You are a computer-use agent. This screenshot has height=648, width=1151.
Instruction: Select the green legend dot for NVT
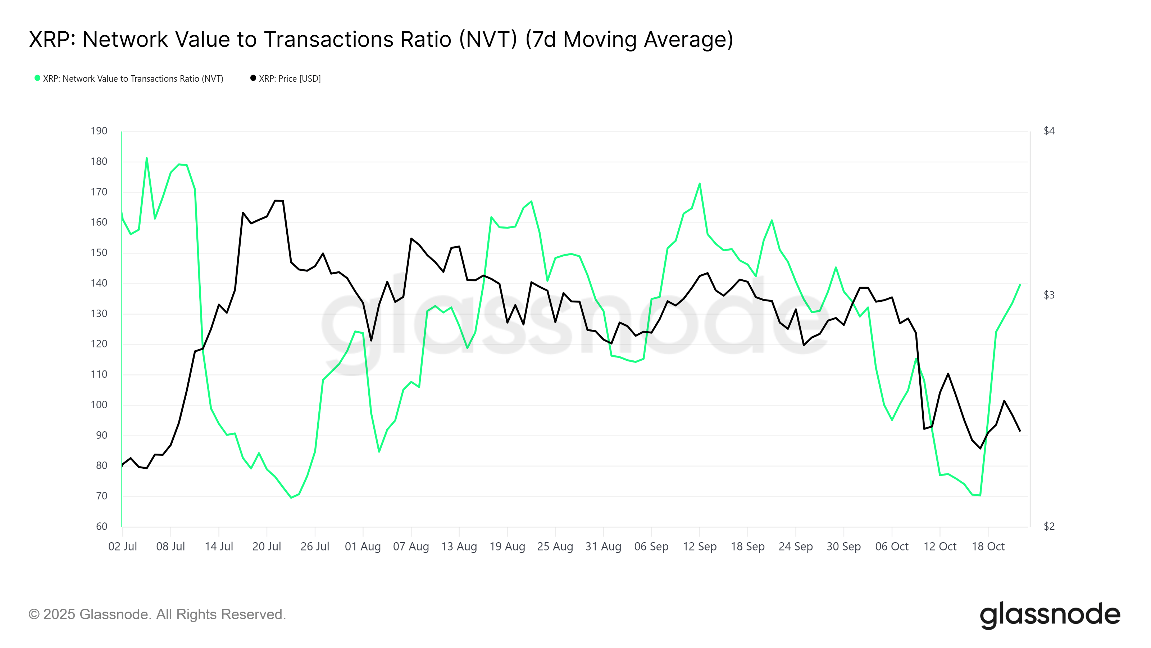pyautogui.click(x=37, y=78)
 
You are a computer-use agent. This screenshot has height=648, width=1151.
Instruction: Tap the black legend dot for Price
pyautogui.click(x=253, y=78)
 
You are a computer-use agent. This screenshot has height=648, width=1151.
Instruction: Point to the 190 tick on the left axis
pyautogui.click(x=99, y=131)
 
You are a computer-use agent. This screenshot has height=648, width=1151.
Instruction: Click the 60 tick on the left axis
pyautogui.click(x=101, y=526)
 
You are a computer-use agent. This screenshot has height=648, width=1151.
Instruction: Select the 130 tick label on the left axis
pyautogui.click(x=99, y=314)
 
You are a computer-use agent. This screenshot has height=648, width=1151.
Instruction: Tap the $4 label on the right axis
pyautogui.click(x=1049, y=131)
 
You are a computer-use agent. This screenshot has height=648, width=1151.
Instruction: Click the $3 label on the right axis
pyautogui.click(x=1049, y=295)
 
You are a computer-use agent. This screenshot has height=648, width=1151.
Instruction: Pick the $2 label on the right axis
pyautogui.click(x=1049, y=526)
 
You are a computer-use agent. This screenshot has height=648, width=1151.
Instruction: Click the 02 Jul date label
pyautogui.click(x=122, y=546)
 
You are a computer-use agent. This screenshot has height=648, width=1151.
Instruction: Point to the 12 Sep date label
pyautogui.click(x=699, y=546)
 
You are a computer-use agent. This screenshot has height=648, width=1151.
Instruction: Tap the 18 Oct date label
pyautogui.click(x=988, y=546)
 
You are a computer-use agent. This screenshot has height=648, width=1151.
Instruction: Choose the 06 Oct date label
pyautogui.click(x=891, y=546)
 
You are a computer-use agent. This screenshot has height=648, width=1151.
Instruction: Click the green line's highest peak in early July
pyautogui.click(x=146, y=158)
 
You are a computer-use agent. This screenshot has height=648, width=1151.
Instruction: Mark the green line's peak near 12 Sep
pyautogui.click(x=699, y=183)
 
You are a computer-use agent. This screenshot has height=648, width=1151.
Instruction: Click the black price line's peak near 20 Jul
pyautogui.click(x=278, y=201)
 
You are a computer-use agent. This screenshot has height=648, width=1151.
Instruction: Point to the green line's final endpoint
pyautogui.click(x=1020, y=284)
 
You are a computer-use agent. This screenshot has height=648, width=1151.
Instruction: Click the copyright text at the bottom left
pyautogui.click(x=157, y=615)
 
